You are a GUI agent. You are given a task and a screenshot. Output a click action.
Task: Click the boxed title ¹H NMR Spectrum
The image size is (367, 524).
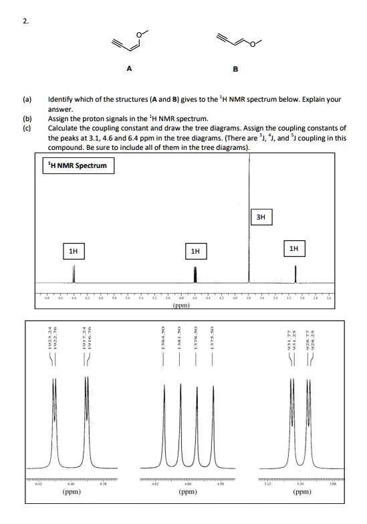[78, 165]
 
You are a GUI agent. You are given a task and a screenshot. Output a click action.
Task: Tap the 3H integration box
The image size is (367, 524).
[261, 216]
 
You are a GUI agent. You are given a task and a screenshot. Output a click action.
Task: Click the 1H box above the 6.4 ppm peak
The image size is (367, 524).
[74, 252]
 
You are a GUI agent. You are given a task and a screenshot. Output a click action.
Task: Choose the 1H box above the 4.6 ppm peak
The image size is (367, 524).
[195, 252]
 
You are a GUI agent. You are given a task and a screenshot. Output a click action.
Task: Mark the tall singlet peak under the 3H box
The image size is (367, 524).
[249, 254]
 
